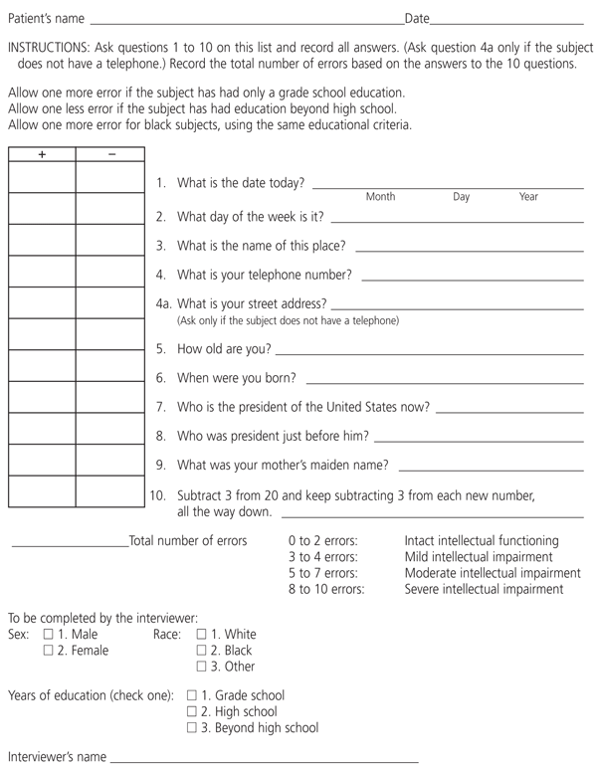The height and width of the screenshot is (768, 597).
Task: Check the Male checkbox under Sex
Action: [48, 635]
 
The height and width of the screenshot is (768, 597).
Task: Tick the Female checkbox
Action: [48, 651]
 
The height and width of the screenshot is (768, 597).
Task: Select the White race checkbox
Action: [202, 635]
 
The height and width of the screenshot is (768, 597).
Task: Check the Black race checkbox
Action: [202, 651]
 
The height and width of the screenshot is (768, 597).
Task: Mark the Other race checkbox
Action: [202, 667]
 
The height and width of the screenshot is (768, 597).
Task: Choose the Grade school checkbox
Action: [192, 696]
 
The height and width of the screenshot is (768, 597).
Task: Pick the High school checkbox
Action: [192, 712]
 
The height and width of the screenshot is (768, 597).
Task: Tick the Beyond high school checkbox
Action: [192, 728]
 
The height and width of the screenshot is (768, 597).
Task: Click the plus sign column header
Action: [42, 154]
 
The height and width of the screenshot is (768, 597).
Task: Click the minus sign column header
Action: [110, 154]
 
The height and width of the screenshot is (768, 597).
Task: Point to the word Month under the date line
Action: [380, 198]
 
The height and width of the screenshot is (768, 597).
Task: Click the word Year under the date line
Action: [528, 198]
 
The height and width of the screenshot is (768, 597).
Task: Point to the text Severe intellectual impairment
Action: [484, 590]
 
